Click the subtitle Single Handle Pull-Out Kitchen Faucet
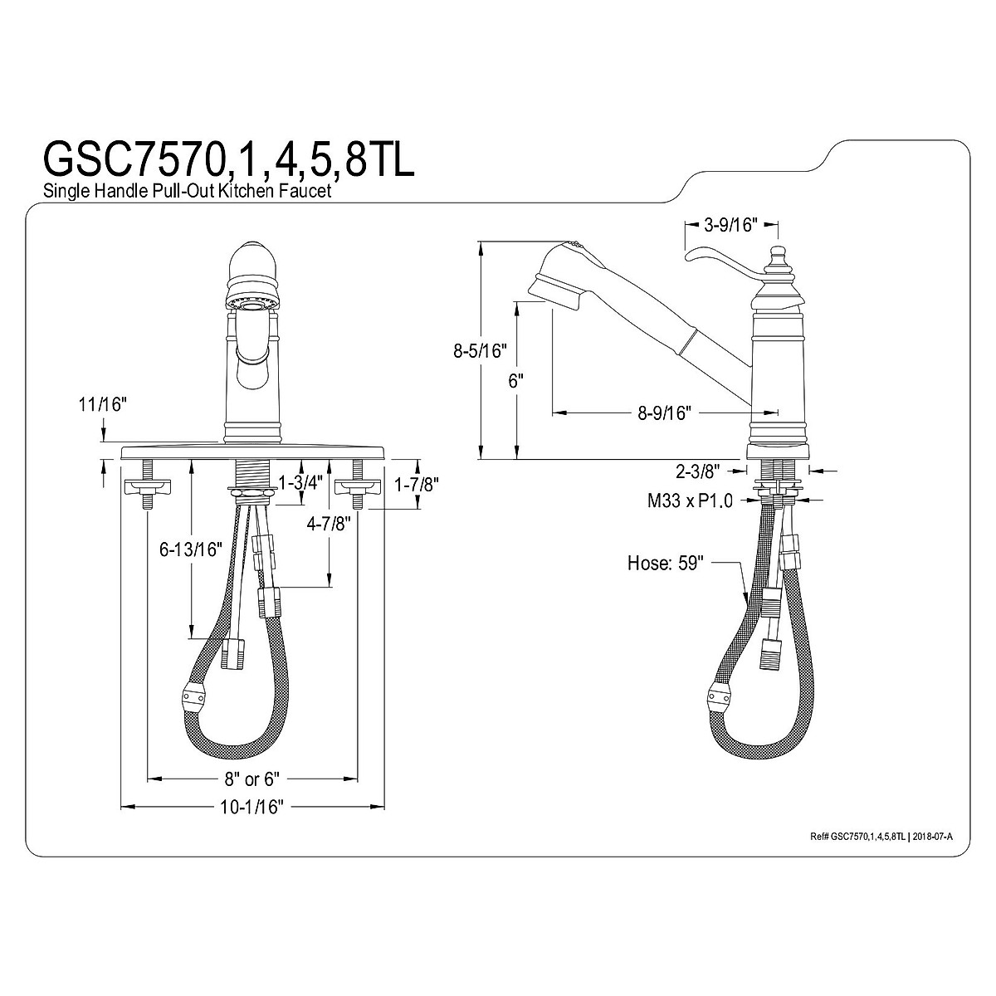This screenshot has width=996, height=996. [187, 191]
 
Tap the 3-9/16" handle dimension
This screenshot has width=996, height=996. [730, 225]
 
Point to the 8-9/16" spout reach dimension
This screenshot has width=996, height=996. [664, 413]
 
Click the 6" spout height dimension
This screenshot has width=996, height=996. [515, 382]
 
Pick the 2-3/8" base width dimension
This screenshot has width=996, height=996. [705, 471]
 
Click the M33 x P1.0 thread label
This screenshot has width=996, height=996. [690, 500]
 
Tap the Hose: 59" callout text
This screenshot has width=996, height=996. [666, 563]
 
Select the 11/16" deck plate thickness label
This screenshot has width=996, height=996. [102, 404]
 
